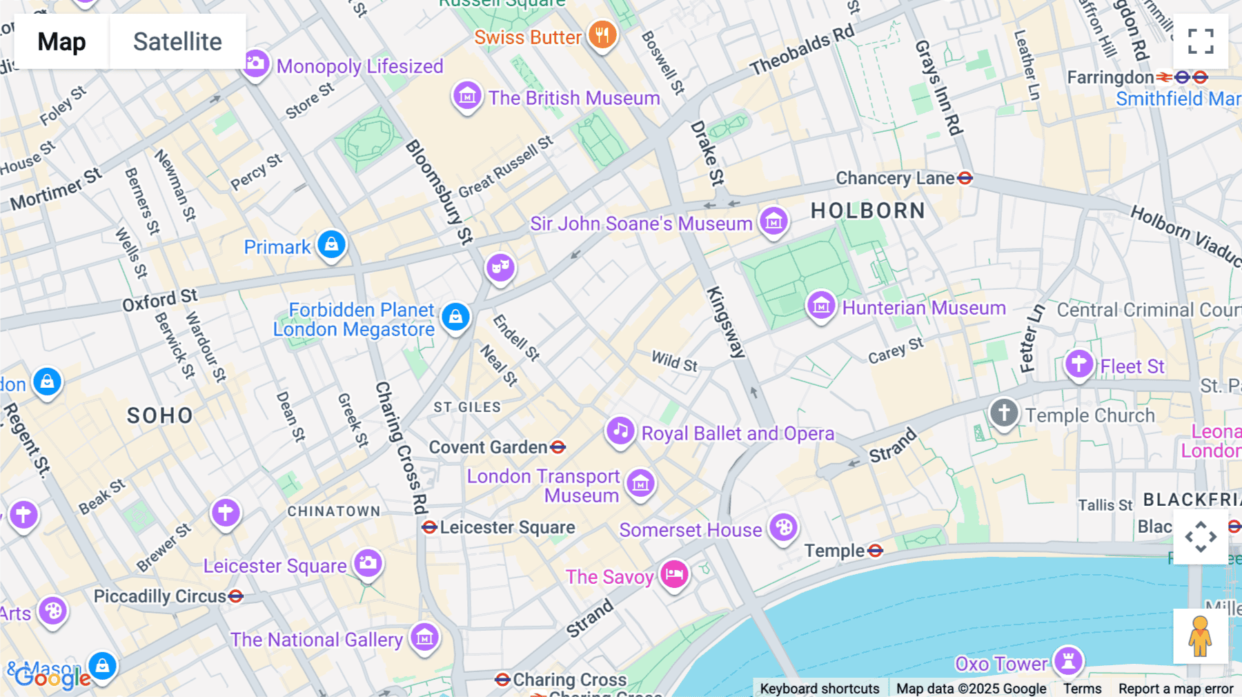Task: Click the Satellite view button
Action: coord(177,41)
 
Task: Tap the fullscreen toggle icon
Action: coord(1201,41)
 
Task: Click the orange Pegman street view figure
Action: coord(1200,636)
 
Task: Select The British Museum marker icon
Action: coord(467,97)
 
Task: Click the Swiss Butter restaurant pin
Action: coord(602,35)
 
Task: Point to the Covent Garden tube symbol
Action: coord(558,447)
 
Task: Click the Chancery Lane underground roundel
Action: coord(965,178)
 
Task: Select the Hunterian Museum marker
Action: coord(821,306)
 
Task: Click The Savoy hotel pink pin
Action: coord(674,574)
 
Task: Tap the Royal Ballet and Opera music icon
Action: coord(620,431)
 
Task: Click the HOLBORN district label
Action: coord(867,210)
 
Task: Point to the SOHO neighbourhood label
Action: coord(160,415)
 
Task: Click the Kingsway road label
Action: coord(726,322)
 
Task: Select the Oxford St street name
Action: coord(160,300)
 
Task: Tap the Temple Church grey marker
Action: coord(1004,413)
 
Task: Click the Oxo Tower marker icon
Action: coord(1068,661)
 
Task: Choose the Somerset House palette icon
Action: coord(783,528)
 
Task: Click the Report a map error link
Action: coord(1176,689)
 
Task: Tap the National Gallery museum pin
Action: coord(424,638)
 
